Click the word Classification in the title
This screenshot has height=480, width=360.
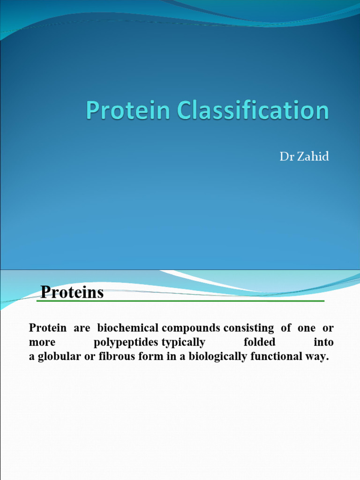[253, 111]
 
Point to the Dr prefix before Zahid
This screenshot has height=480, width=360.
[286, 157]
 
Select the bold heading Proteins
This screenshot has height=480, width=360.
[72, 292]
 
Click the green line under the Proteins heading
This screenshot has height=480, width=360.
[180, 301]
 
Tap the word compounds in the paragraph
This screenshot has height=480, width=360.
[191, 328]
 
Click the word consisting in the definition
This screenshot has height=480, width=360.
[248, 328]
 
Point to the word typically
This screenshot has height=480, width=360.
[183, 342]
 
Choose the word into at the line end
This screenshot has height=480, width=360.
[323, 342]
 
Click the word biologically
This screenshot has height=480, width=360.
[215, 357]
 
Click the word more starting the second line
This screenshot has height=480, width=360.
[42, 342]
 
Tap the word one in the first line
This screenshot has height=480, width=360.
[306, 328]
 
